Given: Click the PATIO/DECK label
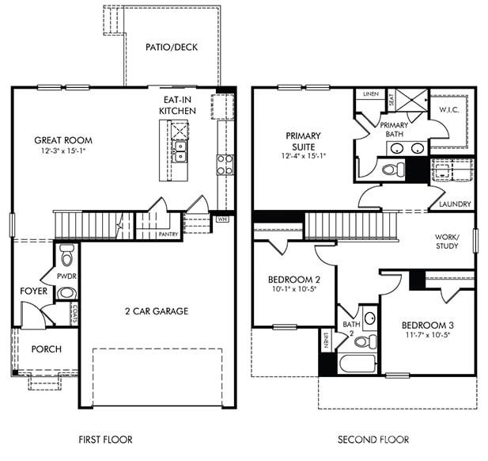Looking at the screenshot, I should coord(172,47).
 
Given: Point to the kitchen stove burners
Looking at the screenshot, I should coord(225,165).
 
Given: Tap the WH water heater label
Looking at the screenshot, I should coord(202,219).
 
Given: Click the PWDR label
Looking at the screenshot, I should coord(66,276).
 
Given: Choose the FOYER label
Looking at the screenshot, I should coord(34,291).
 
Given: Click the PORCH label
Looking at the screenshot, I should coord(46,349).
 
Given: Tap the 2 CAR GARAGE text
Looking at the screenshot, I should coord(156,311).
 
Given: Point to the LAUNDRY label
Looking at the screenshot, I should coord(453,204).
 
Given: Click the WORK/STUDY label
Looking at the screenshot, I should coord(447,242).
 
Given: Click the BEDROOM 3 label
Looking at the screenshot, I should coord(426,325).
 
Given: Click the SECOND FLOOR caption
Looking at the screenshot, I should coord(373,439).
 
